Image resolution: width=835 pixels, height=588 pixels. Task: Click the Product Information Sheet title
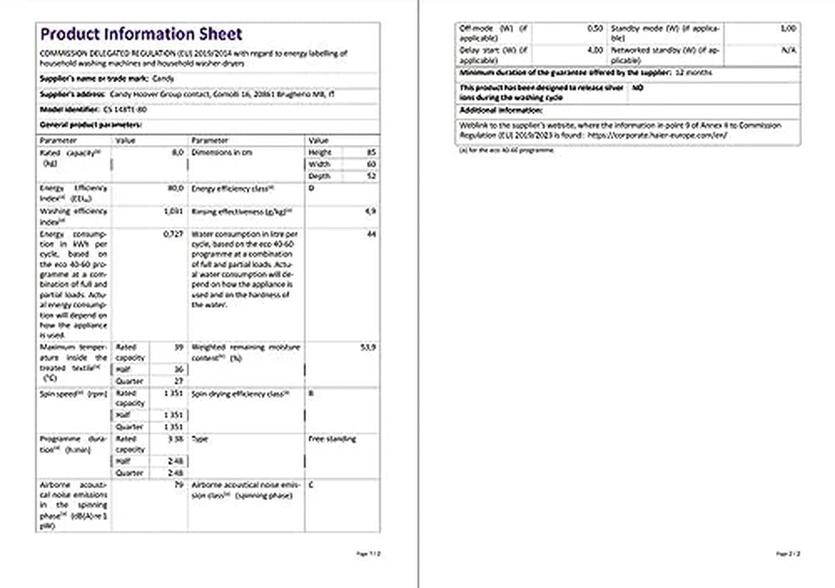tap(141, 34)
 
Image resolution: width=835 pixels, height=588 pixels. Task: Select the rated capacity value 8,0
tap(177, 152)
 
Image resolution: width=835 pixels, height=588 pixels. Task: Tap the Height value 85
tap(371, 152)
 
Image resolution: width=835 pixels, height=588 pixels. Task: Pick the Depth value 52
tap(371, 176)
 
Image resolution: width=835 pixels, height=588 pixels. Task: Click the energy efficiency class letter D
tap(311, 188)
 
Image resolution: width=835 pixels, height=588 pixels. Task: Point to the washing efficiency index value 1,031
tap(173, 211)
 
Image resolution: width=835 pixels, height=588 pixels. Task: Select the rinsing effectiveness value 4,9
tap(370, 211)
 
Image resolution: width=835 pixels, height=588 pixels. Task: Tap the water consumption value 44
tap(371, 234)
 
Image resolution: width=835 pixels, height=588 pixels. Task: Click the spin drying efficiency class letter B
tap(311, 394)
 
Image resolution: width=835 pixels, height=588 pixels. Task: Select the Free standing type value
tap(332, 439)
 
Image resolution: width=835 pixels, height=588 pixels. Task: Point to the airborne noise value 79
tap(178, 485)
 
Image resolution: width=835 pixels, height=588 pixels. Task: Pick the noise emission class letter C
tap(311, 485)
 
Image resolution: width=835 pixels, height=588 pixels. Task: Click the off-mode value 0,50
tap(595, 28)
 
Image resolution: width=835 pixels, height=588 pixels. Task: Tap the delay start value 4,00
tap(595, 51)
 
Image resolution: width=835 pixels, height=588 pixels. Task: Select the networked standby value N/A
tap(789, 51)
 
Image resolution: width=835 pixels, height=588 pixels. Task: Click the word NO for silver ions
tap(637, 87)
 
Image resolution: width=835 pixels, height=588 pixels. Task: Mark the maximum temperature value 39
tap(178, 346)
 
